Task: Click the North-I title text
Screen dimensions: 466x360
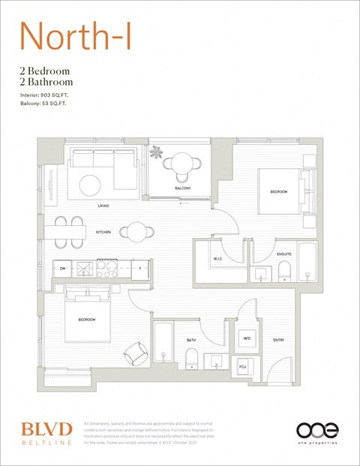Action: (x=77, y=37)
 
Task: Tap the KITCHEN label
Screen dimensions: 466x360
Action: (x=103, y=232)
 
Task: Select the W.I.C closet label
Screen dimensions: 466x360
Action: (x=217, y=259)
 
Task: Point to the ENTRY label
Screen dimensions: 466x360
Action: (x=278, y=341)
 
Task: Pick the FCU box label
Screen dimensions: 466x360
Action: (x=243, y=366)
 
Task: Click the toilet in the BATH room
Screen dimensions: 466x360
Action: (x=190, y=359)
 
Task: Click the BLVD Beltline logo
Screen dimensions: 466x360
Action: (x=46, y=433)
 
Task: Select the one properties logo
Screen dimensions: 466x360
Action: (x=317, y=433)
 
